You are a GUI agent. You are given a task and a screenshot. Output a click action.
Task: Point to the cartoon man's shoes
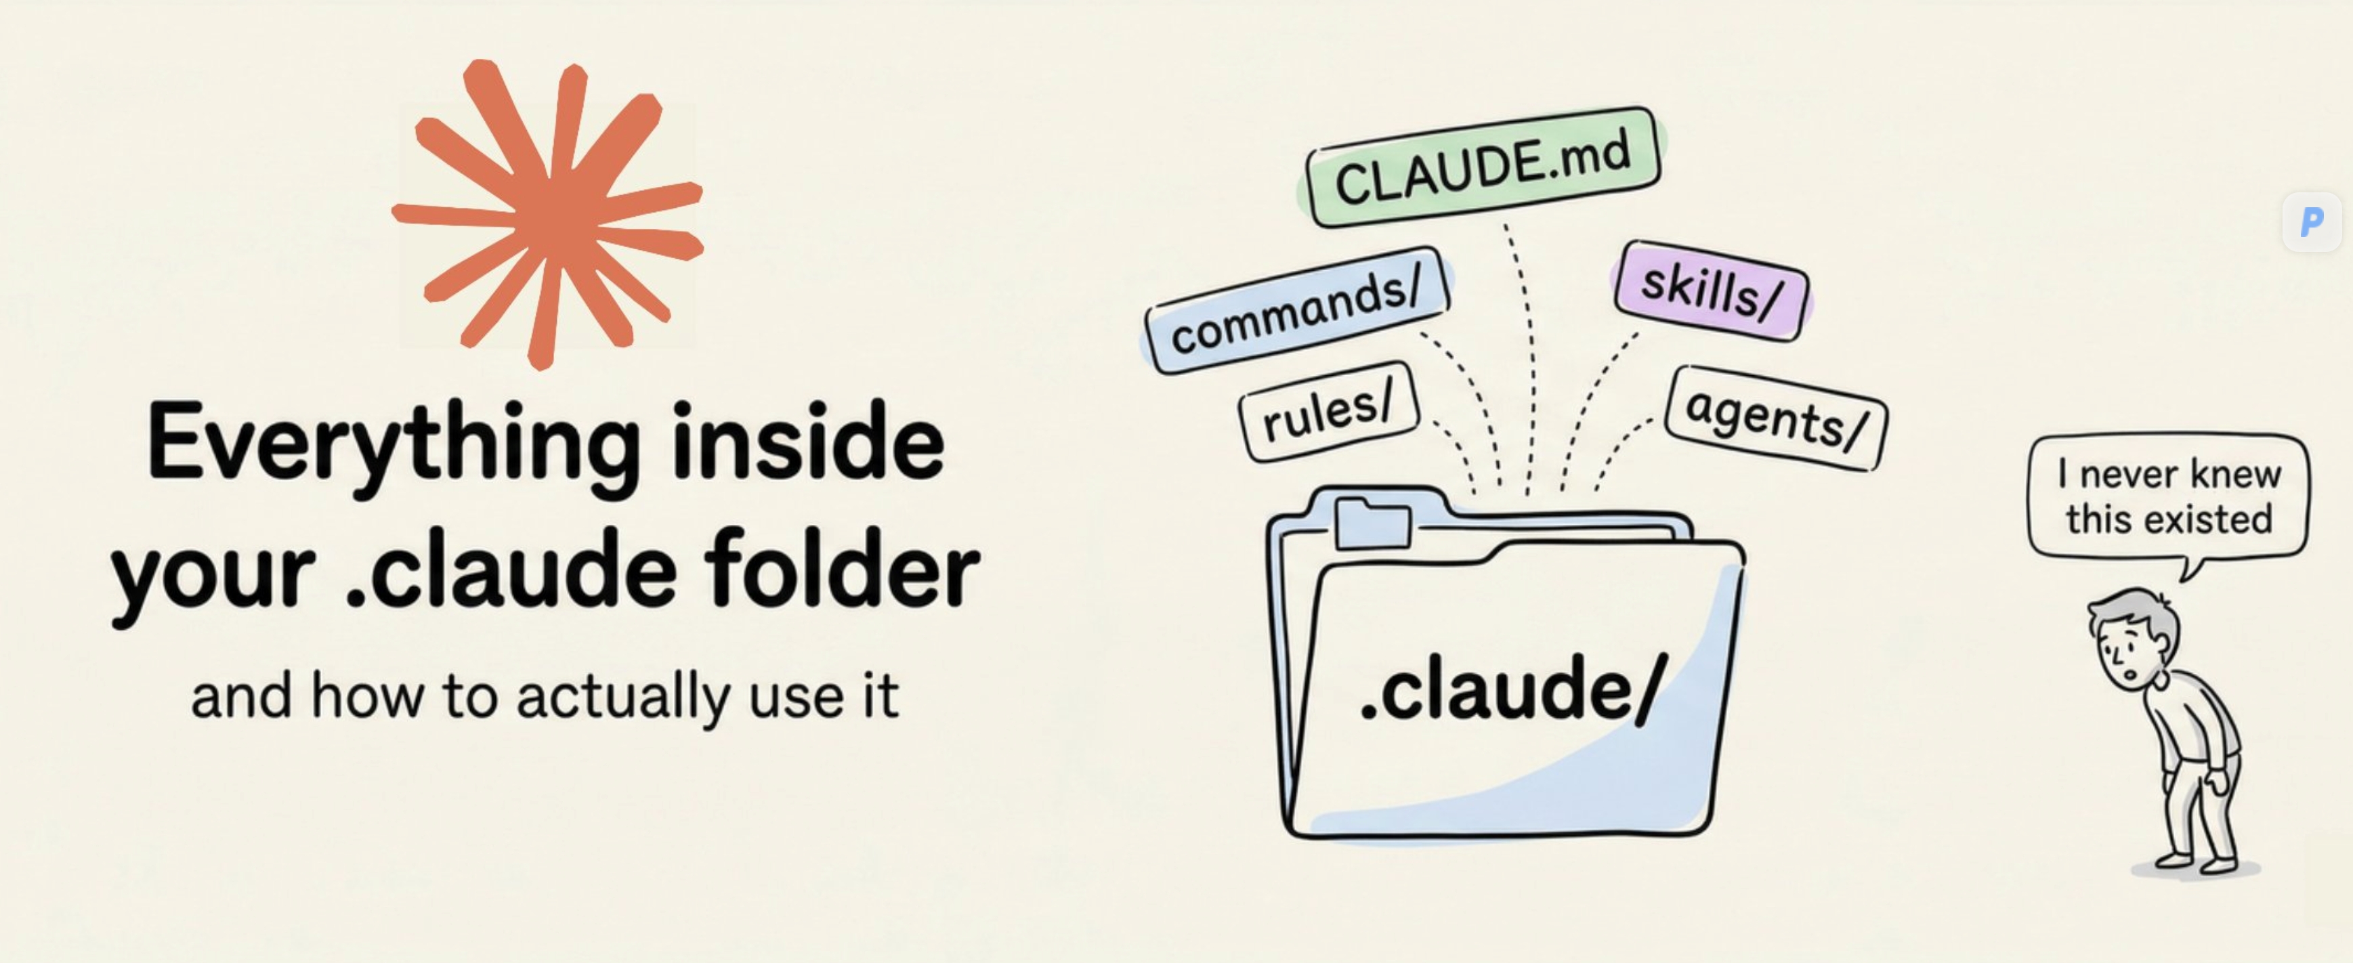(2197, 861)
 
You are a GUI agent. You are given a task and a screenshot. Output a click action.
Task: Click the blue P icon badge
(2311, 221)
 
